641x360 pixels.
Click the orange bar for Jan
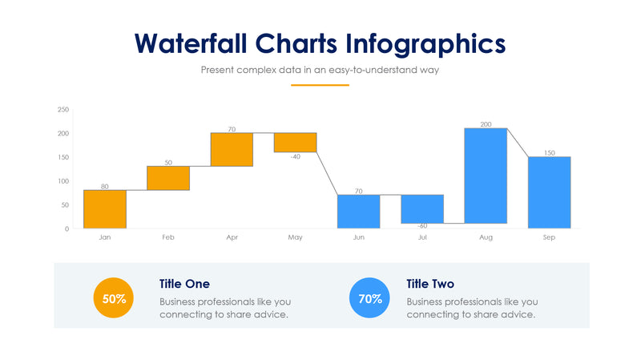[x=105, y=209]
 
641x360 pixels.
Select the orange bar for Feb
[x=168, y=178]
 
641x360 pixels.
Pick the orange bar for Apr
[x=232, y=149]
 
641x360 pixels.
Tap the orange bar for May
[x=295, y=142]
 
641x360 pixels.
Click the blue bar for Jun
[x=358, y=212]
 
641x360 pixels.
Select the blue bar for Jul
[x=422, y=208]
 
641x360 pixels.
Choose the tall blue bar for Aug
[x=486, y=176]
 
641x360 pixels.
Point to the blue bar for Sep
[x=549, y=192]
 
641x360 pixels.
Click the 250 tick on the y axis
[x=63, y=110]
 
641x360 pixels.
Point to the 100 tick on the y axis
[x=63, y=181]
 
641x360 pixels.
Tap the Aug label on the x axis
[x=486, y=238]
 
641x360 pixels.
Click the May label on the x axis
[x=295, y=238]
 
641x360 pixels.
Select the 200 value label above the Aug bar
[x=486, y=124]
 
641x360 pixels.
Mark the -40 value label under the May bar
[x=295, y=156]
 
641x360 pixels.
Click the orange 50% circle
[x=114, y=299]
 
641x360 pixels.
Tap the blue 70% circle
[x=369, y=299]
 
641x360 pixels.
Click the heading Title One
[x=184, y=284]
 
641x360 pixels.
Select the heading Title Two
[x=430, y=284]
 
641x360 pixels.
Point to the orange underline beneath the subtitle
[x=320, y=84]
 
